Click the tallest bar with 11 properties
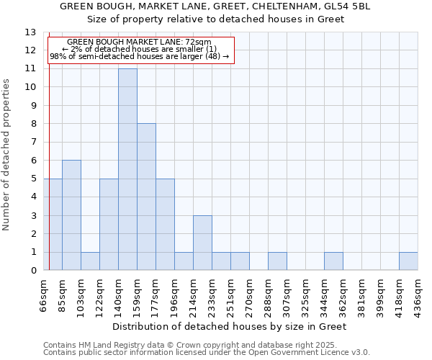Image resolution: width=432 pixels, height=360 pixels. pyautogui.click(x=127, y=169)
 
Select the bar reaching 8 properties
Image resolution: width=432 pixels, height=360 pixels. pyautogui.click(x=146, y=197)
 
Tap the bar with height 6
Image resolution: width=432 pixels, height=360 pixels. pyautogui.click(x=71, y=215)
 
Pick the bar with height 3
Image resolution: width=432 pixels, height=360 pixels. pyautogui.click(x=202, y=243)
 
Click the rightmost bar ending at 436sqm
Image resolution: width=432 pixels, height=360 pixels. pyautogui.click(x=408, y=261)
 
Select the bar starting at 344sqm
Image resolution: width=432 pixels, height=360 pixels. pyautogui.click(x=333, y=261)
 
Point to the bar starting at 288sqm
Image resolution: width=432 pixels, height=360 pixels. pyautogui.click(x=277, y=261)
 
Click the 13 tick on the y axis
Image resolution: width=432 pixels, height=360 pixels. pyautogui.click(x=30, y=32)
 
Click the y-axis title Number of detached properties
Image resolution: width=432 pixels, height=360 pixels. pyautogui.click(x=6, y=155)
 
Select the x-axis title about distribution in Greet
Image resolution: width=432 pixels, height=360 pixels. pyautogui.click(x=231, y=326)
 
